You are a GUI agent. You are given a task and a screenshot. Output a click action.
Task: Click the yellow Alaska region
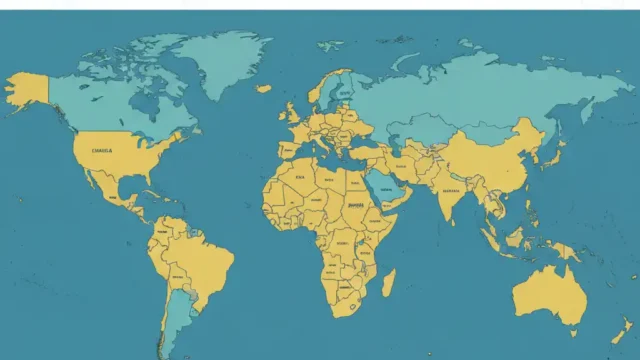pyautogui.click(x=27, y=91)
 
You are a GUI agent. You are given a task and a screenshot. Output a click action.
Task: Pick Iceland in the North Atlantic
pyautogui.click(x=263, y=88)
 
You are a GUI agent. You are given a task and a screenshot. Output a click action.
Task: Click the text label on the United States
pyautogui.click(x=102, y=150)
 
